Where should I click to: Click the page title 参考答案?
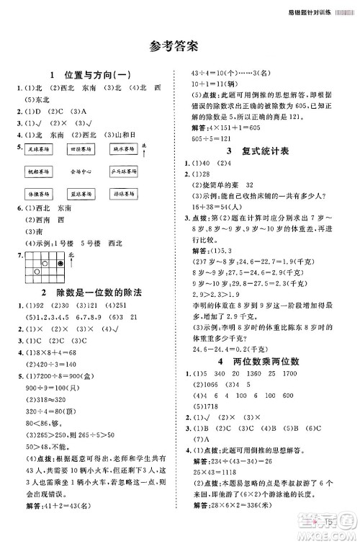pyautogui.click(x=179, y=45)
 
